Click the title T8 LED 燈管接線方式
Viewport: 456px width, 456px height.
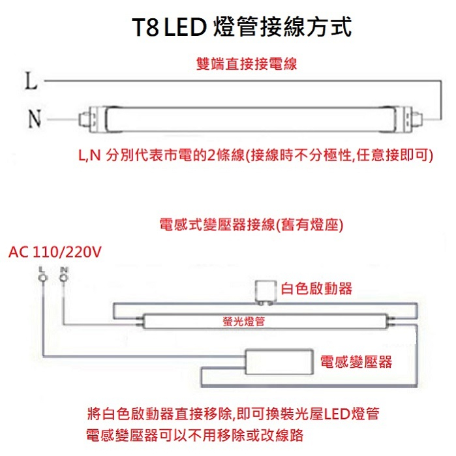(x=242, y=27)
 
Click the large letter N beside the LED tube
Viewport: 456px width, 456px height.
(x=35, y=118)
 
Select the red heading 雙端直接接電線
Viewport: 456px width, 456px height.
(x=247, y=64)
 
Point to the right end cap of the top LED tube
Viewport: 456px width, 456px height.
(x=408, y=119)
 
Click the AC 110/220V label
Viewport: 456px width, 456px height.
(x=55, y=252)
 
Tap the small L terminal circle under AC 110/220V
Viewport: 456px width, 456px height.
(x=42, y=278)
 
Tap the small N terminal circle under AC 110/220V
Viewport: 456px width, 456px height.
(x=64, y=278)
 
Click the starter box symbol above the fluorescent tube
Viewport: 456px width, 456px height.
(x=266, y=292)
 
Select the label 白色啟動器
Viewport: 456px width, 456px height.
(x=316, y=288)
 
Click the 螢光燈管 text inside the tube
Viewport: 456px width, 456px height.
(x=244, y=322)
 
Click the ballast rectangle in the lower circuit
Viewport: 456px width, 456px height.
(x=279, y=362)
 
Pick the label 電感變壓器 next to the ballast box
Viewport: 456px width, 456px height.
(x=356, y=362)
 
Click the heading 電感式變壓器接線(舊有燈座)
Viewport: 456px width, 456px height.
(x=252, y=224)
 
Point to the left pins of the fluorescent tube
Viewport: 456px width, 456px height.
(x=140, y=322)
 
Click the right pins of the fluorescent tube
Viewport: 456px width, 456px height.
(x=392, y=322)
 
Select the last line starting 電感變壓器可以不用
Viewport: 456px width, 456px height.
(x=195, y=435)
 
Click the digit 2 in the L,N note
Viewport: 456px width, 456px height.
(x=211, y=155)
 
